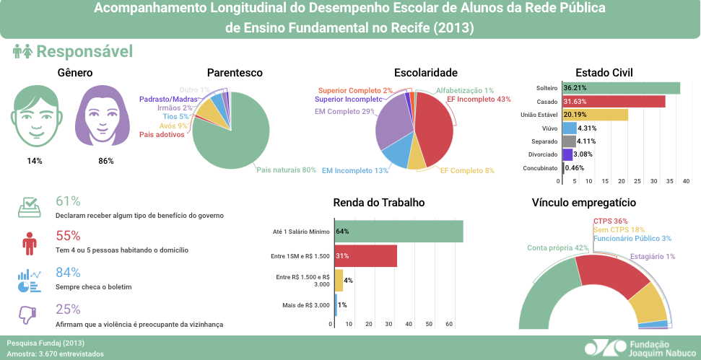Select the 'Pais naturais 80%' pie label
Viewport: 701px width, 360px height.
coord(287,170)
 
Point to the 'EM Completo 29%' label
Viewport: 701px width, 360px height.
coord(344,112)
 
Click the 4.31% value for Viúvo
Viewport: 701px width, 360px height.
coord(587,128)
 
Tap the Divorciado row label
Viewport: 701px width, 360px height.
coord(541,154)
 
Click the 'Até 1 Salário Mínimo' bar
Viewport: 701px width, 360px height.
coord(398,232)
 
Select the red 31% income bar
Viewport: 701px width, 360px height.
coord(365,256)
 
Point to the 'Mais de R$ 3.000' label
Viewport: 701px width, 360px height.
coord(305,305)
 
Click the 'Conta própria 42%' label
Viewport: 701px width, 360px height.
coord(557,247)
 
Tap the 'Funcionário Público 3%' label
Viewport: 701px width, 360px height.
coord(632,238)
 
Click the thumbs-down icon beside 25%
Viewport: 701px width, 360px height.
coord(28,315)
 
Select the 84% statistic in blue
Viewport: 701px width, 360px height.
coord(68,272)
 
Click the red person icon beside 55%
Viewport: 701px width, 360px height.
coord(29,243)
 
